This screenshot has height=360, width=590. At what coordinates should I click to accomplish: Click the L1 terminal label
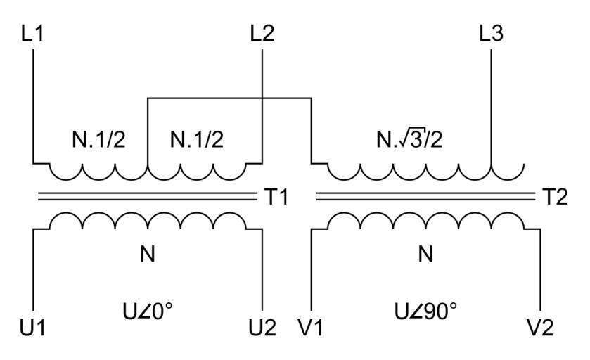tap(32, 34)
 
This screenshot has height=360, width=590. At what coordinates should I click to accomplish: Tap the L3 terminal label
tap(490, 34)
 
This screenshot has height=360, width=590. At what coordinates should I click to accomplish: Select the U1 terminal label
tap(33, 327)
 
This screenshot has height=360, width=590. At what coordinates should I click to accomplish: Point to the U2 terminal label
tap(262, 327)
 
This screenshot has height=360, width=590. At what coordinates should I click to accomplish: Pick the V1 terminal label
tap(309, 327)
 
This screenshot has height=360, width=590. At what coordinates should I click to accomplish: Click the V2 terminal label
tap(539, 327)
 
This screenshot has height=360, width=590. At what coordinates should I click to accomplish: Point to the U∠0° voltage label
tap(147, 309)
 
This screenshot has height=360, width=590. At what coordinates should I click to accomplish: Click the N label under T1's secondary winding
tap(147, 255)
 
